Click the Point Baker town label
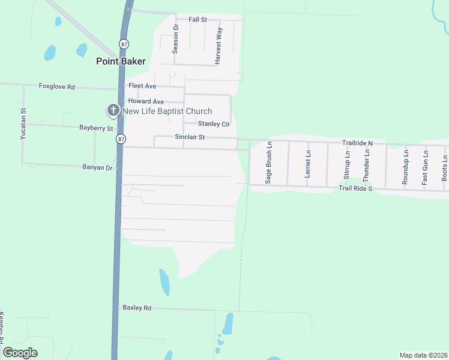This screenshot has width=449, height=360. click(x=121, y=61)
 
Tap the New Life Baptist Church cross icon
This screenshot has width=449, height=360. click(x=113, y=110)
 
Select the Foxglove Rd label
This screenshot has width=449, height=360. click(x=56, y=87)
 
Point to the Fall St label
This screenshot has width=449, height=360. click(x=197, y=20)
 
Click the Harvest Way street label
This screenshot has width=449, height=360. click(x=219, y=46)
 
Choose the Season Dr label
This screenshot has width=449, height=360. click(x=175, y=39)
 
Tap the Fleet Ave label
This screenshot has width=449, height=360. click(x=142, y=86)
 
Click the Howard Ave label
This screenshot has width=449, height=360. click(x=146, y=101)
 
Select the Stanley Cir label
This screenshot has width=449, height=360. click(x=214, y=124)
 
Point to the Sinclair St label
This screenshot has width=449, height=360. click(x=190, y=137)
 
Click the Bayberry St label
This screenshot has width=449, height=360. click(x=96, y=128)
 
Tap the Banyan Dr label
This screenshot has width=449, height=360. click(x=98, y=168)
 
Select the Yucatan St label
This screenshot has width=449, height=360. click(x=23, y=124)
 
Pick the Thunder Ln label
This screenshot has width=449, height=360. click(x=367, y=162)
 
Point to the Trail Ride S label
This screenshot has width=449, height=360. click(x=356, y=188)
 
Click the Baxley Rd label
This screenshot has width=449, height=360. click(x=137, y=308)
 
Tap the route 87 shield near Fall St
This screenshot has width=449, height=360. click(x=124, y=43)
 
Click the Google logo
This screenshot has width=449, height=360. click(x=20, y=353)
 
